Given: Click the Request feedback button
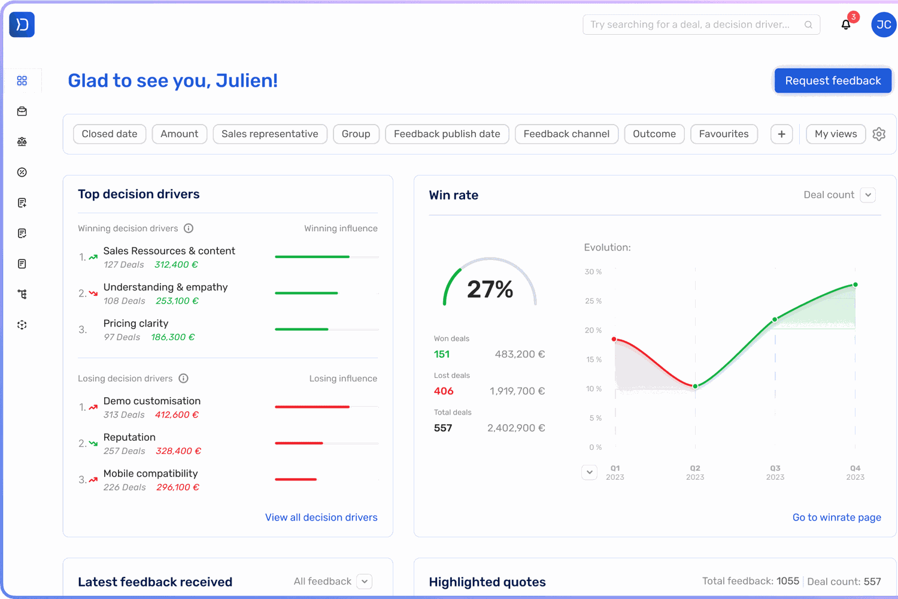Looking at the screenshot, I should click(x=833, y=81).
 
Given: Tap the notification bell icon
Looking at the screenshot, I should click(x=846, y=25).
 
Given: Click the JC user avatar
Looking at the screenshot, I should click(x=884, y=25).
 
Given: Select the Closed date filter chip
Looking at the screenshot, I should click(x=110, y=134).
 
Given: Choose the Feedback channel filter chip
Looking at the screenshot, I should click(x=566, y=134).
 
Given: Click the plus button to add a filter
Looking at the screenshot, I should click(x=781, y=134).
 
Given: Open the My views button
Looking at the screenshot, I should click(x=836, y=134).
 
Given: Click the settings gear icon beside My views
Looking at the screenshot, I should click(x=879, y=134).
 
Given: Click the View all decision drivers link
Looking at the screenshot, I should click(x=321, y=518).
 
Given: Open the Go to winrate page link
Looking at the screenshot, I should click(x=836, y=518).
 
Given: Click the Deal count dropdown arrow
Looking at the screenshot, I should click(x=868, y=195).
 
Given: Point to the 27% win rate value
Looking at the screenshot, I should click(x=490, y=289).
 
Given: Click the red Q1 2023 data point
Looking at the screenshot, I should click(x=614, y=339).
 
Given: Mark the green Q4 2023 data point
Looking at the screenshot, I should click(x=855, y=285).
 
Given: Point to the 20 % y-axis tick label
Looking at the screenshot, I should click(x=593, y=331).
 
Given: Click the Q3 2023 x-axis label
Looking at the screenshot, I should click(x=775, y=473).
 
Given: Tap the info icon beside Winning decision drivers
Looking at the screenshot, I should click(x=189, y=228).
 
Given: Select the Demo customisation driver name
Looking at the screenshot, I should click(x=152, y=401).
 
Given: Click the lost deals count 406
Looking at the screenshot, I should click(x=444, y=391).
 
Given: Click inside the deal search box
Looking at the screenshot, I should click(x=694, y=25).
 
